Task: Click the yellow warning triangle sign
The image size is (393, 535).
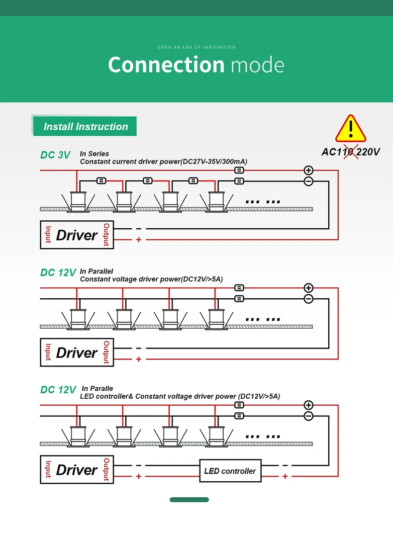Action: tap(351, 129)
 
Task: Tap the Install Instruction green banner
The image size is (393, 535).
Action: tap(85, 126)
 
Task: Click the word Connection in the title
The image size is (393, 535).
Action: tap(166, 65)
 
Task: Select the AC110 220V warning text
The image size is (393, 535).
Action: tap(350, 152)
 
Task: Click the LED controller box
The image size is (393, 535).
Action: tap(230, 471)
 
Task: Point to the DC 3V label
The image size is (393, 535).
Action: tap(55, 155)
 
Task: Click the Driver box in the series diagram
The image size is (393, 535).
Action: tap(77, 235)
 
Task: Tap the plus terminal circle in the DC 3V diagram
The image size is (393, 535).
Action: tap(308, 170)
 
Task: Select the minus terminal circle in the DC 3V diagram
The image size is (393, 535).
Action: tap(308, 181)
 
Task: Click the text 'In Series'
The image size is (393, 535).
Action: tap(94, 154)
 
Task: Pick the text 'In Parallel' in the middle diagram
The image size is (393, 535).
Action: tap(96, 271)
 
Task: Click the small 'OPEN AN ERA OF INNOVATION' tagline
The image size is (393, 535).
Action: tap(196, 47)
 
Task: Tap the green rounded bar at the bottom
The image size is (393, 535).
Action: tap(189, 500)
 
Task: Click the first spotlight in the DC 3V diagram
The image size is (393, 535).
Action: tap(77, 201)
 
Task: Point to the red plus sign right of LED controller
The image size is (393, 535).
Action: tap(285, 476)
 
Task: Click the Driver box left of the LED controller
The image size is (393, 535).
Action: tap(77, 469)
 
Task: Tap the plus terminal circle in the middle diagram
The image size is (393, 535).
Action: tap(308, 288)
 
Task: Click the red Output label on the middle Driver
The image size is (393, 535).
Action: tap(106, 352)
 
